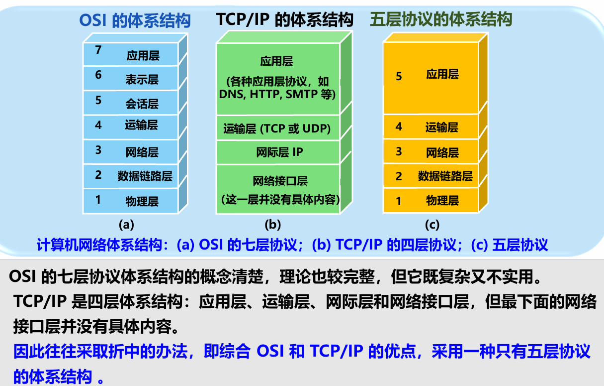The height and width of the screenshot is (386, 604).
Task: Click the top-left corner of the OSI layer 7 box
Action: click(84, 42)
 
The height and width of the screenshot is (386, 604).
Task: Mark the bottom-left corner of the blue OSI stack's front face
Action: click(84, 213)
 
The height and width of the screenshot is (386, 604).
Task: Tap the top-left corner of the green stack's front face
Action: click(217, 43)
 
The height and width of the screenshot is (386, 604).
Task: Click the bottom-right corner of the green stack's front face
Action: click(340, 214)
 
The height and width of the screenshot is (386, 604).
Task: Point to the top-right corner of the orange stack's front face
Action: click(478, 42)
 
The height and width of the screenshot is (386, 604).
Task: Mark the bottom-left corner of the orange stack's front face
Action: click(383, 213)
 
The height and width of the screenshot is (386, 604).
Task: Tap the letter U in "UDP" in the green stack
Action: click(307, 129)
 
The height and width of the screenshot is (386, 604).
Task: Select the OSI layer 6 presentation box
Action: click(131, 78)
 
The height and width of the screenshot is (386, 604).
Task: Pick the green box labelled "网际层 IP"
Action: click(278, 152)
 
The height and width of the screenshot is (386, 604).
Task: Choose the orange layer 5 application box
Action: click(431, 78)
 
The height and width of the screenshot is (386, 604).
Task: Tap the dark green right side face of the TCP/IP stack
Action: click(346, 123)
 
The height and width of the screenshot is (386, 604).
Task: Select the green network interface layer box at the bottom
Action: click(278, 189)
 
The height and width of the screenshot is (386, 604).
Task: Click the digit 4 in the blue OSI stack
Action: click(98, 125)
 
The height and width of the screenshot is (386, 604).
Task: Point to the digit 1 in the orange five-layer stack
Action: click(399, 201)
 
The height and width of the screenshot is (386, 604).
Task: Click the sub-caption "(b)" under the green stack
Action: click(272, 225)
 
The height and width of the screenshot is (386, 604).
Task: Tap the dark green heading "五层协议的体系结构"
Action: click(441, 19)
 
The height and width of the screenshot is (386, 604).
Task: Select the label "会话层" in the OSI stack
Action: click(142, 104)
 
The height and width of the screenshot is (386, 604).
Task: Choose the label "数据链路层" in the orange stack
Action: click(445, 176)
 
